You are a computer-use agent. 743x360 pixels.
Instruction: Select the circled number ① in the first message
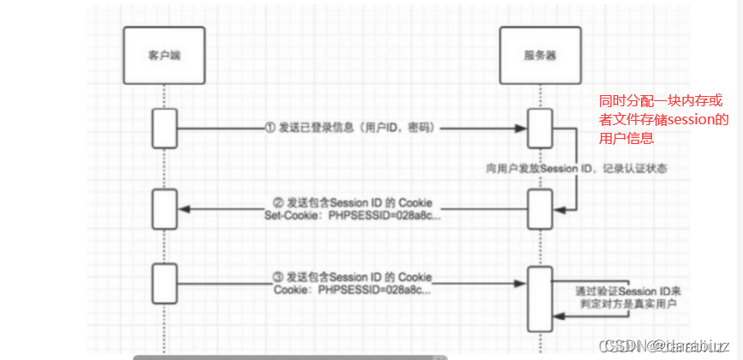pyautogui.click(x=270, y=128)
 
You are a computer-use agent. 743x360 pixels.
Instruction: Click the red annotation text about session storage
pyautogui.click(x=662, y=119)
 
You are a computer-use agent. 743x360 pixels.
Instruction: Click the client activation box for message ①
pyautogui.click(x=165, y=128)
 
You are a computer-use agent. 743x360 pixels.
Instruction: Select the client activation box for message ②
pyautogui.click(x=165, y=204)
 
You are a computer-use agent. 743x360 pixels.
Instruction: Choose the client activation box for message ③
pyautogui.click(x=165, y=278)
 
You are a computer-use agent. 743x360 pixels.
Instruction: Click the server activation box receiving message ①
pyautogui.click(x=538, y=128)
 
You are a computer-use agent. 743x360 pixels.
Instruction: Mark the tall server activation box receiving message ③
pyautogui.click(x=538, y=297)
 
